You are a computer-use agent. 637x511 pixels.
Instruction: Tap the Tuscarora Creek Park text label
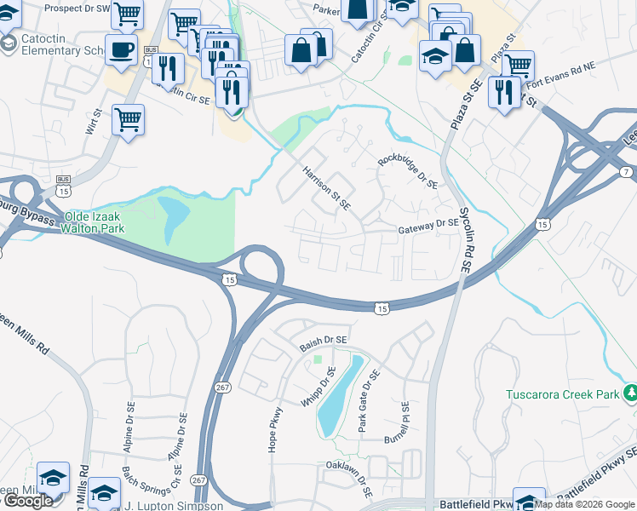pyautogui.click(x=563, y=394)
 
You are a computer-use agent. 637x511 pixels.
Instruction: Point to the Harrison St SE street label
pyautogui.click(x=327, y=187)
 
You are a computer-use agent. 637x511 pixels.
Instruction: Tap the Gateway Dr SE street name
pyautogui.click(x=428, y=227)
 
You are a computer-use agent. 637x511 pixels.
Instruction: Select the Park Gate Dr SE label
pyautogui.click(x=368, y=401)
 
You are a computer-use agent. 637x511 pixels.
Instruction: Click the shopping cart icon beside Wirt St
pyautogui.click(x=127, y=120)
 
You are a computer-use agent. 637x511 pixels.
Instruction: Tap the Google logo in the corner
pyautogui.click(x=28, y=501)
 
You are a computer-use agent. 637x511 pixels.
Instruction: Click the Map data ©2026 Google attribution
pyautogui.click(x=585, y=504)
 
